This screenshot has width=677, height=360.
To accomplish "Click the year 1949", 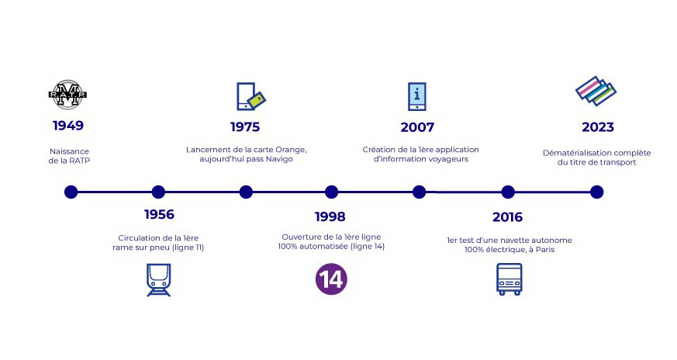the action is [x=68, y=126].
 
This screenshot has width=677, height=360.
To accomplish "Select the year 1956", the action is [x=159, y=214].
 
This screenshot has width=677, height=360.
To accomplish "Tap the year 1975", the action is [x=245, y=126].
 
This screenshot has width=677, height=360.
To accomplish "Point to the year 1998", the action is [x=330, y=216].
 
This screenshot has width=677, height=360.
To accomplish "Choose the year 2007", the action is [x=417, y=127].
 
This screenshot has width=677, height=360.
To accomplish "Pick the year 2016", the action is [x=507, y=217].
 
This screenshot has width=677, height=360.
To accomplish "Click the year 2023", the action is [x=598, y=127].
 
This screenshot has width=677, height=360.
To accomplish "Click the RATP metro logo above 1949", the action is [x=67, y=94].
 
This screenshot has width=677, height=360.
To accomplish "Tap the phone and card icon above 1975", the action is [x=250, y=97].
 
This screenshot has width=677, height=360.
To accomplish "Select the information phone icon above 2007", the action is [x=417, y=96].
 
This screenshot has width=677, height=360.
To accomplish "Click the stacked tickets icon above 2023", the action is [x=596, y=92].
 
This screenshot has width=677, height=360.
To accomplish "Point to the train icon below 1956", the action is [x=158, y=280].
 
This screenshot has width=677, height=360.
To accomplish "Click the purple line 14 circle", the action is [x=331, y=279].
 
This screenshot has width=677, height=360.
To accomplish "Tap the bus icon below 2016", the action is [x=509, y=279].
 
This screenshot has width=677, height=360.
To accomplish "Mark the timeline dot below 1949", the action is [x=71, y=192].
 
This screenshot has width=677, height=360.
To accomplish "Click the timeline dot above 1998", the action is [x=331, y=192].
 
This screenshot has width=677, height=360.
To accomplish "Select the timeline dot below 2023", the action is [x=596, y=192].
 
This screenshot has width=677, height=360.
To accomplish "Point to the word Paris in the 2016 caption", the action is [x=545, y=250].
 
